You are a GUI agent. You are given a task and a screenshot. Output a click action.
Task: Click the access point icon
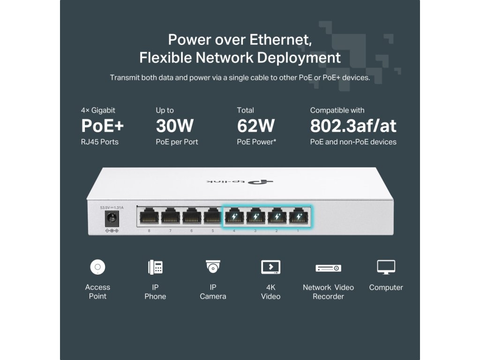pos(97,267)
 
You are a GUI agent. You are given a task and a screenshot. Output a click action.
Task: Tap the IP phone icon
pos(155,267)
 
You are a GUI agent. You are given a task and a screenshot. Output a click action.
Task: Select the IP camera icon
pos(213,267)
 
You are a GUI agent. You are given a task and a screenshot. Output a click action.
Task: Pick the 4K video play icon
pos(270,267)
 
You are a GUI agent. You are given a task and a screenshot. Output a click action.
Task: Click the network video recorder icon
pos(328,268)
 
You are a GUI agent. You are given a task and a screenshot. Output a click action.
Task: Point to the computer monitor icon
pos(386,267)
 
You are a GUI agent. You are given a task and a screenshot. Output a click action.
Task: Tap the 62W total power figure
pos(256,126)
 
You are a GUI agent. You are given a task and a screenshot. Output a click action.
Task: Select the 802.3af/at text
pos(353,126)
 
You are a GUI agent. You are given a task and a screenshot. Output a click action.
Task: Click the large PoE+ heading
pos(103,126)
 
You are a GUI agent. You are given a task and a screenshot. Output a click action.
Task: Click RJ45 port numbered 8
pos(149,217)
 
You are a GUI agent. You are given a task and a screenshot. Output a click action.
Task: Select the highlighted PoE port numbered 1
pos(298,217)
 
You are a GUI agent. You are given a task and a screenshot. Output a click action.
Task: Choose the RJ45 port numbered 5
pos(212,217)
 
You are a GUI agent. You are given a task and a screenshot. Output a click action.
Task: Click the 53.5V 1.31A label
pos(112,207)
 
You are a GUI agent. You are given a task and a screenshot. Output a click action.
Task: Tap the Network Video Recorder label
pos(328,292)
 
